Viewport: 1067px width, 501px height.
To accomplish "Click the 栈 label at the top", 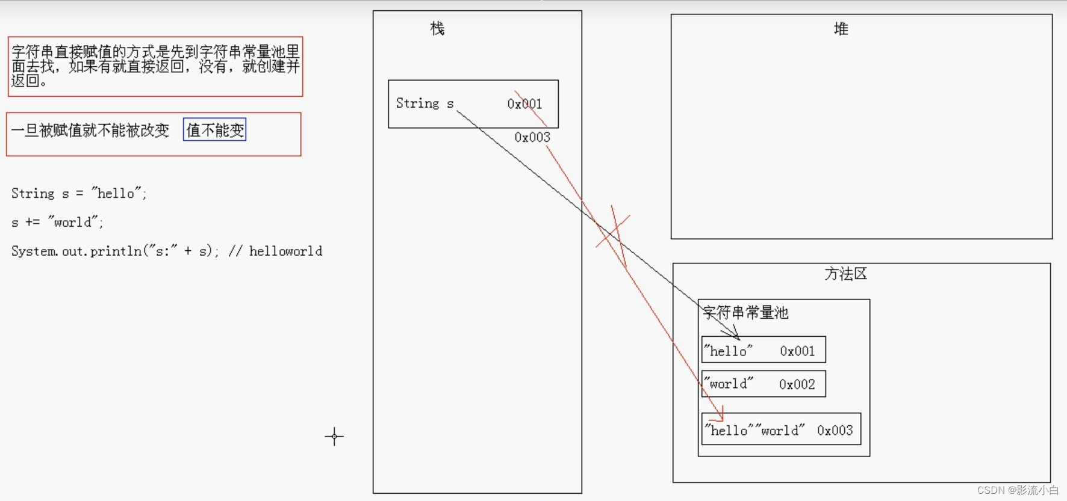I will pyautogui.click(x=437, y=29).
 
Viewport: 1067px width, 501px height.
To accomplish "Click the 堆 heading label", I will pyautogui.click(x=841, y=29).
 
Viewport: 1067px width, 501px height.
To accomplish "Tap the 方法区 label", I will pyautogui.click(x=845, y=274).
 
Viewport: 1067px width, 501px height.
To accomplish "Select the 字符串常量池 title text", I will pyautogui.click(x=745, y=313).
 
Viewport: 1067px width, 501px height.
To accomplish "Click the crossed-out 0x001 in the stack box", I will pyautogui.click(x=524, y=104).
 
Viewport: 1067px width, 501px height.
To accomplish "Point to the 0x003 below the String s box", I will pyautogui.click(x=532, y=138).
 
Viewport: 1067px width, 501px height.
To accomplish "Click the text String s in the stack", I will pyautogui.click(x=425, y=103).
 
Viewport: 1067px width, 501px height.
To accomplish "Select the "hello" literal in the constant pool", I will pyautogui.click(x=729, y=351).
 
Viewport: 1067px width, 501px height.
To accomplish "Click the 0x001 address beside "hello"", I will pyautogui.click(x=797, y=351).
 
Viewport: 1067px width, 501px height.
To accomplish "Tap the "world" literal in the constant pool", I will pyautogui.click(x=729, y=384).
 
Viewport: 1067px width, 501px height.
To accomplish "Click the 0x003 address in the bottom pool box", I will pyautogui.click(x=835, y=431).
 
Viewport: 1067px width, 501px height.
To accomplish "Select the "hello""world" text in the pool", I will pyautogui.click(x=755, y=431).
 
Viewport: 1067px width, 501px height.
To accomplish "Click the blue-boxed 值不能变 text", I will pyautogui.click(x=215, y=130).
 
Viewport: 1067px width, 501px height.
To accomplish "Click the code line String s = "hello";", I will pyautogui.click(x=78, y=194).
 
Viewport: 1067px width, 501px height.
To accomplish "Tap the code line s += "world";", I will pyautogui.click(x=57, y=223).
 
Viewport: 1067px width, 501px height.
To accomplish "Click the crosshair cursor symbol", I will pyautogui.click(x=334, y=436).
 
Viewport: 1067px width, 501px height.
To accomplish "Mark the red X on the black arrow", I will pyautogui.click(x=613, y=232).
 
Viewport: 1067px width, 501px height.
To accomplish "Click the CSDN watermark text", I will pyautogui.click(x=1017, y=490).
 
